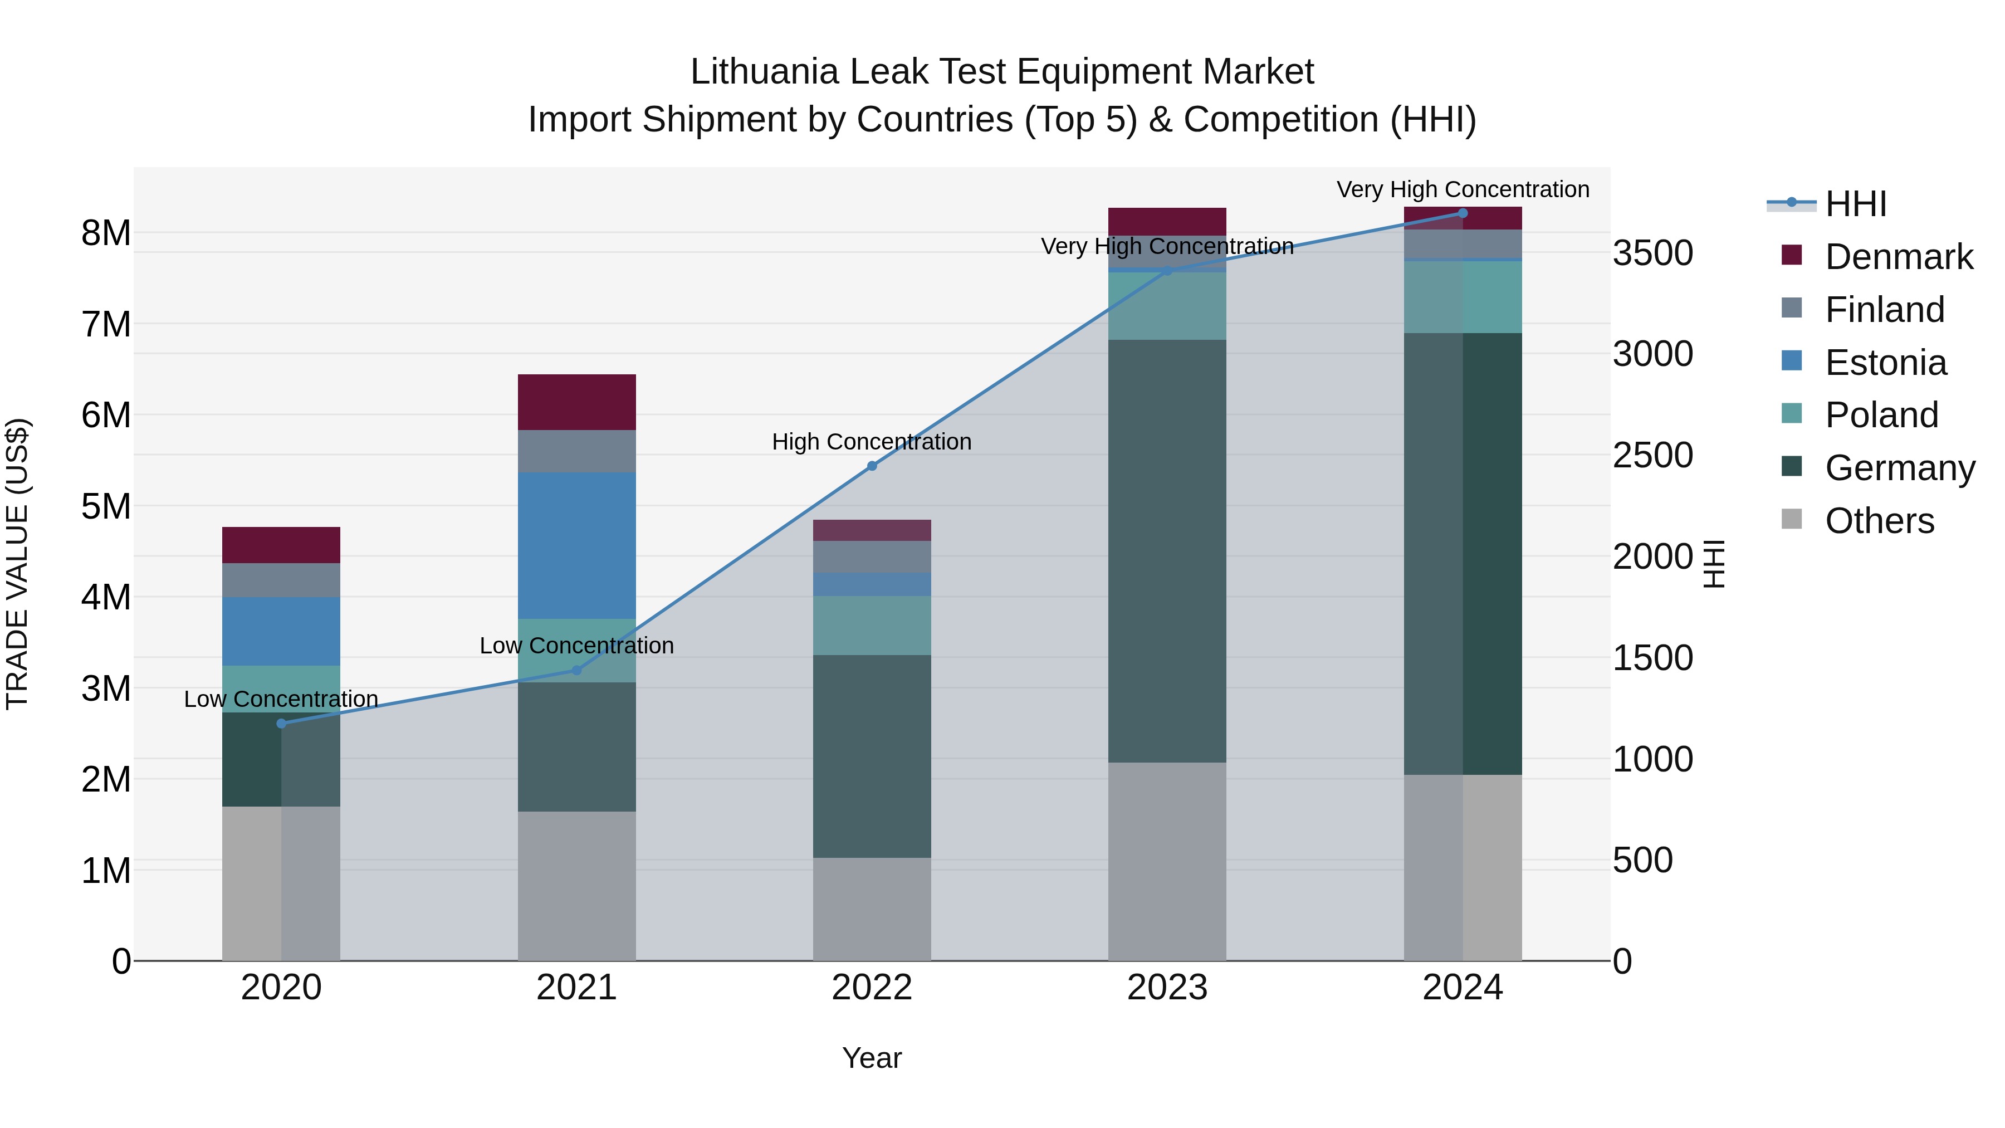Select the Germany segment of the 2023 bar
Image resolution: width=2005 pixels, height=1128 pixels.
click(1167, 550)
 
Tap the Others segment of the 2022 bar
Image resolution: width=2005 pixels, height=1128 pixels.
click(872, 909)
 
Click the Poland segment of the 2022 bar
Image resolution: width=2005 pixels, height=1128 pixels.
click(872, 625)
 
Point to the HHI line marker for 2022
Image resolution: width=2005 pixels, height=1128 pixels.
click(872, 466)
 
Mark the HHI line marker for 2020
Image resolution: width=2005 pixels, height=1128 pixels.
click(282, 723)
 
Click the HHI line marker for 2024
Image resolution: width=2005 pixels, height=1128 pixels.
click(1463, 213)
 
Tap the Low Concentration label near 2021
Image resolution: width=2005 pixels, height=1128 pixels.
click(577, 646)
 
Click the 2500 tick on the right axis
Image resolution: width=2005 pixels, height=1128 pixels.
click(1652, 456)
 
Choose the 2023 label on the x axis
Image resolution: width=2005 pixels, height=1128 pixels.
click(1167, 988)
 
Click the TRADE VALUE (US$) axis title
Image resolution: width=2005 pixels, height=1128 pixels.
click(18, 564)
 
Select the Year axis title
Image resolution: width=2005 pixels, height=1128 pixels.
click(872, 1058)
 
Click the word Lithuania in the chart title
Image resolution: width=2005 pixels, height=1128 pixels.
click(764, 72)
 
